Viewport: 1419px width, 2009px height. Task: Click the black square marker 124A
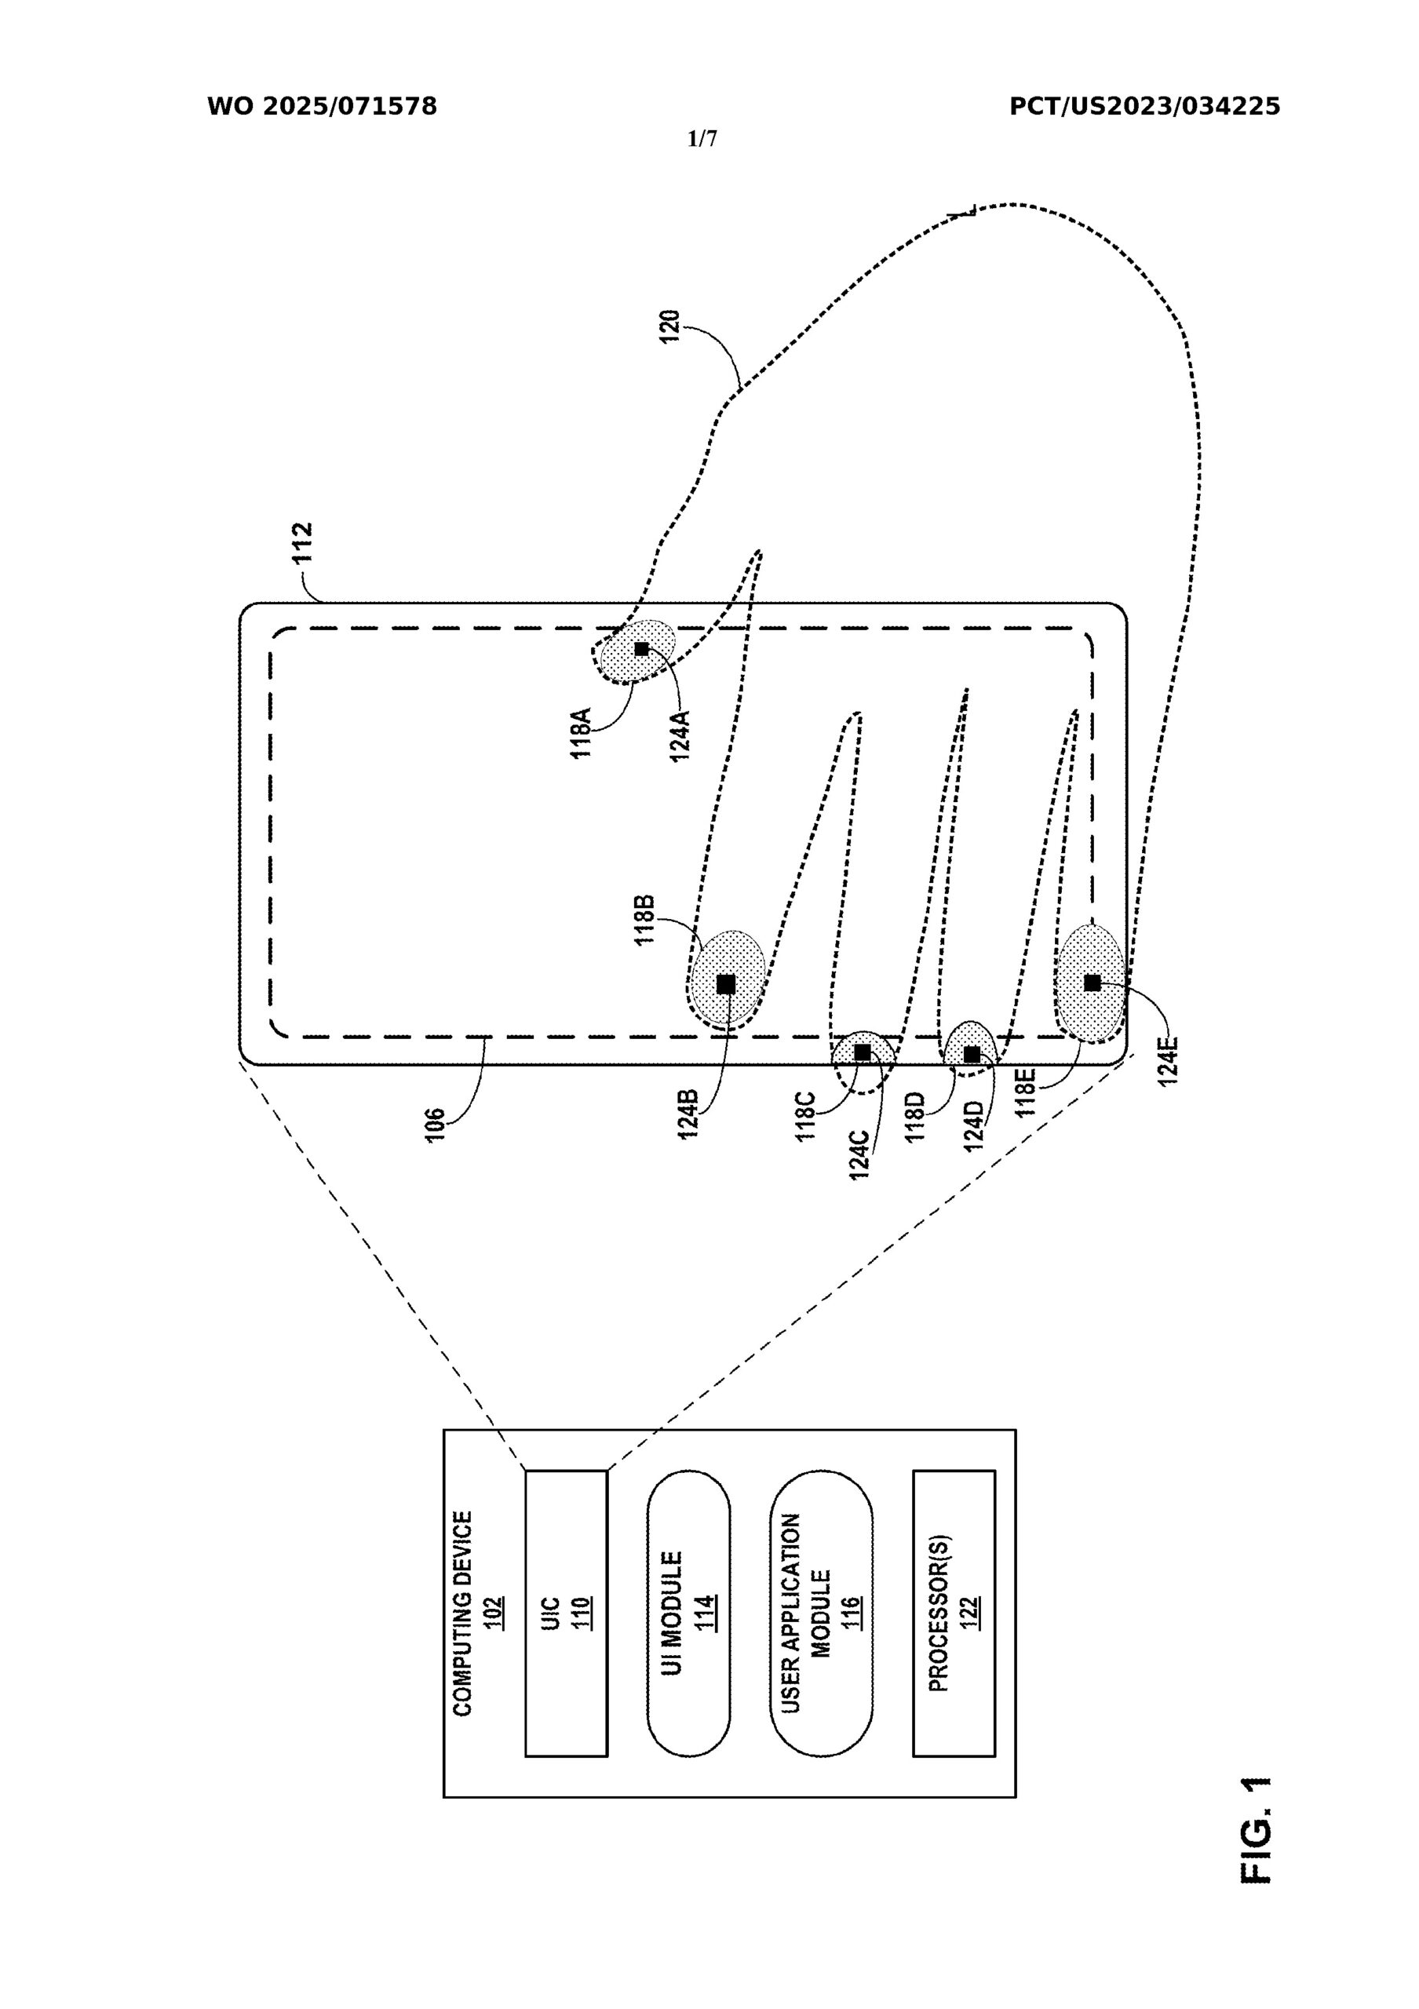641,649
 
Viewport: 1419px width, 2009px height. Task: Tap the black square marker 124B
725,984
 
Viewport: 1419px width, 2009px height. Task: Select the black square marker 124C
863,1052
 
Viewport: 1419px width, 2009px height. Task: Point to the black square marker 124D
971,1055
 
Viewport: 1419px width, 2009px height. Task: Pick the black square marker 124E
1092,983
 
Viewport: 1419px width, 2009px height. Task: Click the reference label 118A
582,732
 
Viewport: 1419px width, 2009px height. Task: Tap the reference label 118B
645,921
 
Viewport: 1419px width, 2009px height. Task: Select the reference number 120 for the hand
670,326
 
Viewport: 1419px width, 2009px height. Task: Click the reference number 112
303,543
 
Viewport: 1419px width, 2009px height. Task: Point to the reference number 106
435,1125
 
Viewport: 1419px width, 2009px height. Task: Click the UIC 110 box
565,1613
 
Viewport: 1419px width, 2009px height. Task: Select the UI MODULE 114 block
688,1613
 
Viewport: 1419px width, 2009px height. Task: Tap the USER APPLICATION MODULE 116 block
821,1613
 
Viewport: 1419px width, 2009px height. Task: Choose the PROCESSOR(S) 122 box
954,1613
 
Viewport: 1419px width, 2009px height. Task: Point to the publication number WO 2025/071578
322,107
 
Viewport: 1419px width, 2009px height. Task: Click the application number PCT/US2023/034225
1144,107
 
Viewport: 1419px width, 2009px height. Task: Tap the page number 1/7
702,138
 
